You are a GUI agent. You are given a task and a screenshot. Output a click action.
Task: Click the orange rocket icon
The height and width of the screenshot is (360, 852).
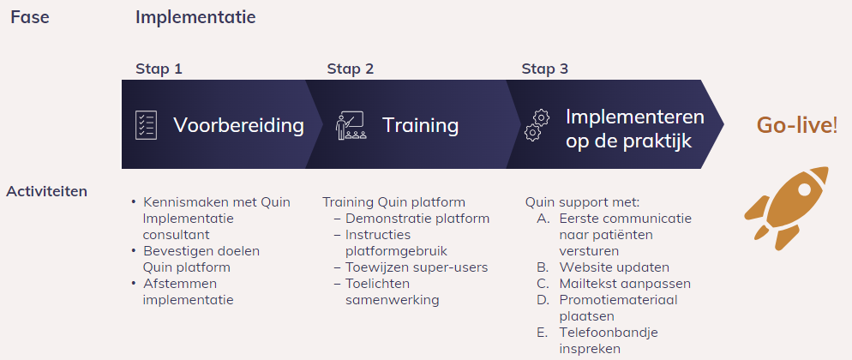point(787,208)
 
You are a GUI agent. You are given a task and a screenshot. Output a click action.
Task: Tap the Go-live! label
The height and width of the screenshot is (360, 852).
point(797,125)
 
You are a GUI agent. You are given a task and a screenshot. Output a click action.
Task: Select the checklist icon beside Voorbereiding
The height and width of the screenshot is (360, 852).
point(147,125)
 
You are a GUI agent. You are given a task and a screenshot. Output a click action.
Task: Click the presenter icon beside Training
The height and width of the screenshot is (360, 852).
point(351,125)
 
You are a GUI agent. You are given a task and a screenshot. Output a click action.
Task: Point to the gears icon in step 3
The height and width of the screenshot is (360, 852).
point(537,125)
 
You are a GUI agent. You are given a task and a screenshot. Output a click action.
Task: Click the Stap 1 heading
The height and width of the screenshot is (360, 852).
point(159,69)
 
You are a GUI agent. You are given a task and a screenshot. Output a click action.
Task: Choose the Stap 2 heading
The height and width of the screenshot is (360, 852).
point(350,69)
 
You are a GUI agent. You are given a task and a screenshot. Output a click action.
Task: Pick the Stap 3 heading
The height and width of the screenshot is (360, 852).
point(545,69)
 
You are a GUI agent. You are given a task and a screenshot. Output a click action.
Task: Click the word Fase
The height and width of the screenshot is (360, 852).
point(30,17)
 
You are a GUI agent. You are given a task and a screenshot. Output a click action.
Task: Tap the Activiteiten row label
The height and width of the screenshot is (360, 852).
point(47,192)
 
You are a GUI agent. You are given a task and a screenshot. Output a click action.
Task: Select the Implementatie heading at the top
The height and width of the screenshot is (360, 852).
point(195,17)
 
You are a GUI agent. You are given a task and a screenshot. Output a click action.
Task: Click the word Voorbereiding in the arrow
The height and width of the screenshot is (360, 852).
point(238,125)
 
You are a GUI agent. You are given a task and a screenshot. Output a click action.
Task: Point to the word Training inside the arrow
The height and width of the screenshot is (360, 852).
point(421,125)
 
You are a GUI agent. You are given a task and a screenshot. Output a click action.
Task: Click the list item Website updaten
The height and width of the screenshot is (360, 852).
point(614,267)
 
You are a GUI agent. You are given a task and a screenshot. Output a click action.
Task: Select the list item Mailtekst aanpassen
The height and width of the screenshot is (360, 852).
point(625,284)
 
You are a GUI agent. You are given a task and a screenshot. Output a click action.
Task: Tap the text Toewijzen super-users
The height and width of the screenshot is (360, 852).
point(417,267)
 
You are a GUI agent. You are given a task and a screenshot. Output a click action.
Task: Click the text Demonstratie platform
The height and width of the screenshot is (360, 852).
point(417,219)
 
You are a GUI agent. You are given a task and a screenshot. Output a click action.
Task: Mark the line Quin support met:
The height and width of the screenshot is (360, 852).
point(583,203)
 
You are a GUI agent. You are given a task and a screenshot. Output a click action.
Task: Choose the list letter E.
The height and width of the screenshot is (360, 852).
point(541,333)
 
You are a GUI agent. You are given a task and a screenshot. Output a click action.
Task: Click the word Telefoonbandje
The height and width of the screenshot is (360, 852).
point(609,333)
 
